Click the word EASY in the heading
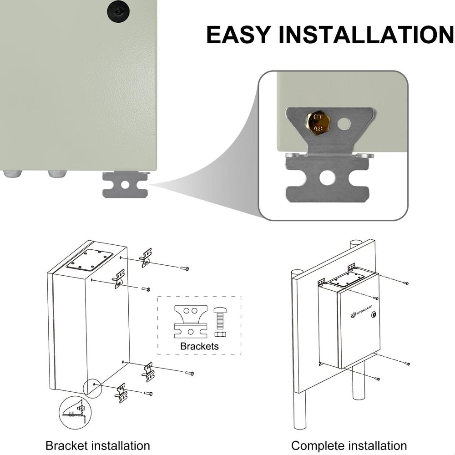(x=238, y=35)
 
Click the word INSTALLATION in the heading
(x=367, y=35)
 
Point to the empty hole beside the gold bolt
(x=344, y=123)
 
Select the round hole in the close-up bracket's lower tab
(x=327, y=177)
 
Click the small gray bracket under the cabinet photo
(x=125, y=185)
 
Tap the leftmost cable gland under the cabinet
(x=12, y=173)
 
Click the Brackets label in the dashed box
(x=199, y=346)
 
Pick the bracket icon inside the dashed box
(x=191, y=321)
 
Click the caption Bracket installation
(x=98, y=445)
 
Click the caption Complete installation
(x=349, y=445)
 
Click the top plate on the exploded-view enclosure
(x=90, y=260)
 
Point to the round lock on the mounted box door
(x=374, y=314)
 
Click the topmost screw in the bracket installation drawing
(x=184, y=268)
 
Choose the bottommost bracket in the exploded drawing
(x=121, y=393)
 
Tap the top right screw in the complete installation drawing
(x=405, y=283)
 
